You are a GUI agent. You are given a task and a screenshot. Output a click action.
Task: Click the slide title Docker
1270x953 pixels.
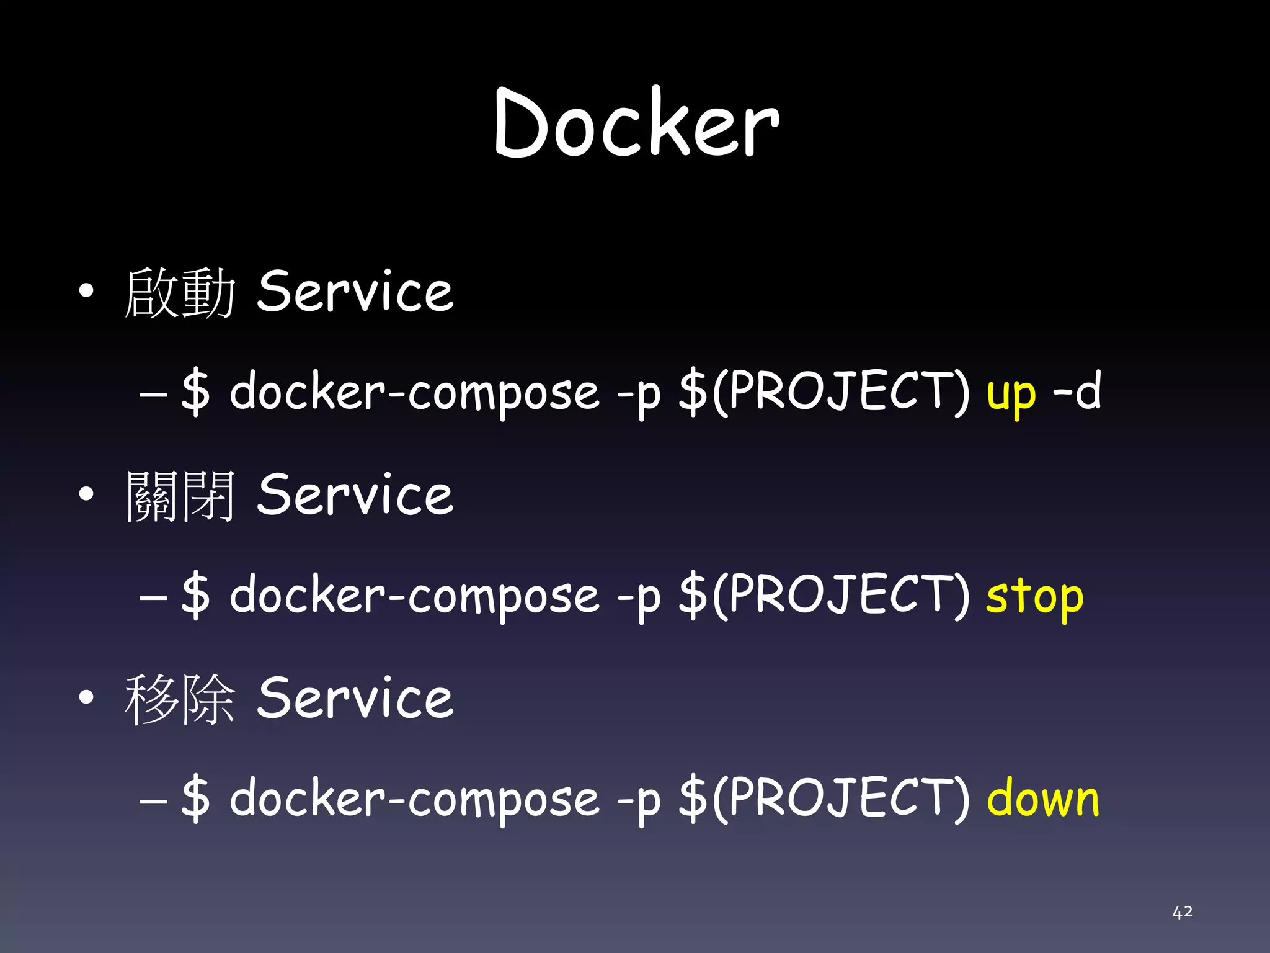tap(636, 123)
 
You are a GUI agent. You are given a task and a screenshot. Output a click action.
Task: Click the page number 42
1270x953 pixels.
tap(1182, 911)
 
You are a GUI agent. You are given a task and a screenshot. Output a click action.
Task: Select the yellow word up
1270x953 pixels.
tap(1011, 393)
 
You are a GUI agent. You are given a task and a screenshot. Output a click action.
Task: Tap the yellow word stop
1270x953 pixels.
tap(1034, 597)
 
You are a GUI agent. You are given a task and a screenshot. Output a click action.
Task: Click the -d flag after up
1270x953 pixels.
tap(1077, 391)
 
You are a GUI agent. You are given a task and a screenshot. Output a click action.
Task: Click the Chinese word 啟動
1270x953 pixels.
tap(180, 292)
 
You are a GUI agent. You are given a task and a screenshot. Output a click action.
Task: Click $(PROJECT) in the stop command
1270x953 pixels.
tap(824, 596)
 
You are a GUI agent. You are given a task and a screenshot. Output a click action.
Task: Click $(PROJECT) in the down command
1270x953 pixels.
tap(824, 799)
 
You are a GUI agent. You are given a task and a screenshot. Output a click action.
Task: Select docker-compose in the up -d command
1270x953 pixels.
tap(414, 392)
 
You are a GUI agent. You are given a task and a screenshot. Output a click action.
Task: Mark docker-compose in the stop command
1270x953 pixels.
tap(414, 596)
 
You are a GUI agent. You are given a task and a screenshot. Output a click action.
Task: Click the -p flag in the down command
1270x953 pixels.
tap(639, 802)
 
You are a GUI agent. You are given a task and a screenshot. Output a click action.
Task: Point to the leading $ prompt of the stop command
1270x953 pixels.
tap(196, 596)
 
